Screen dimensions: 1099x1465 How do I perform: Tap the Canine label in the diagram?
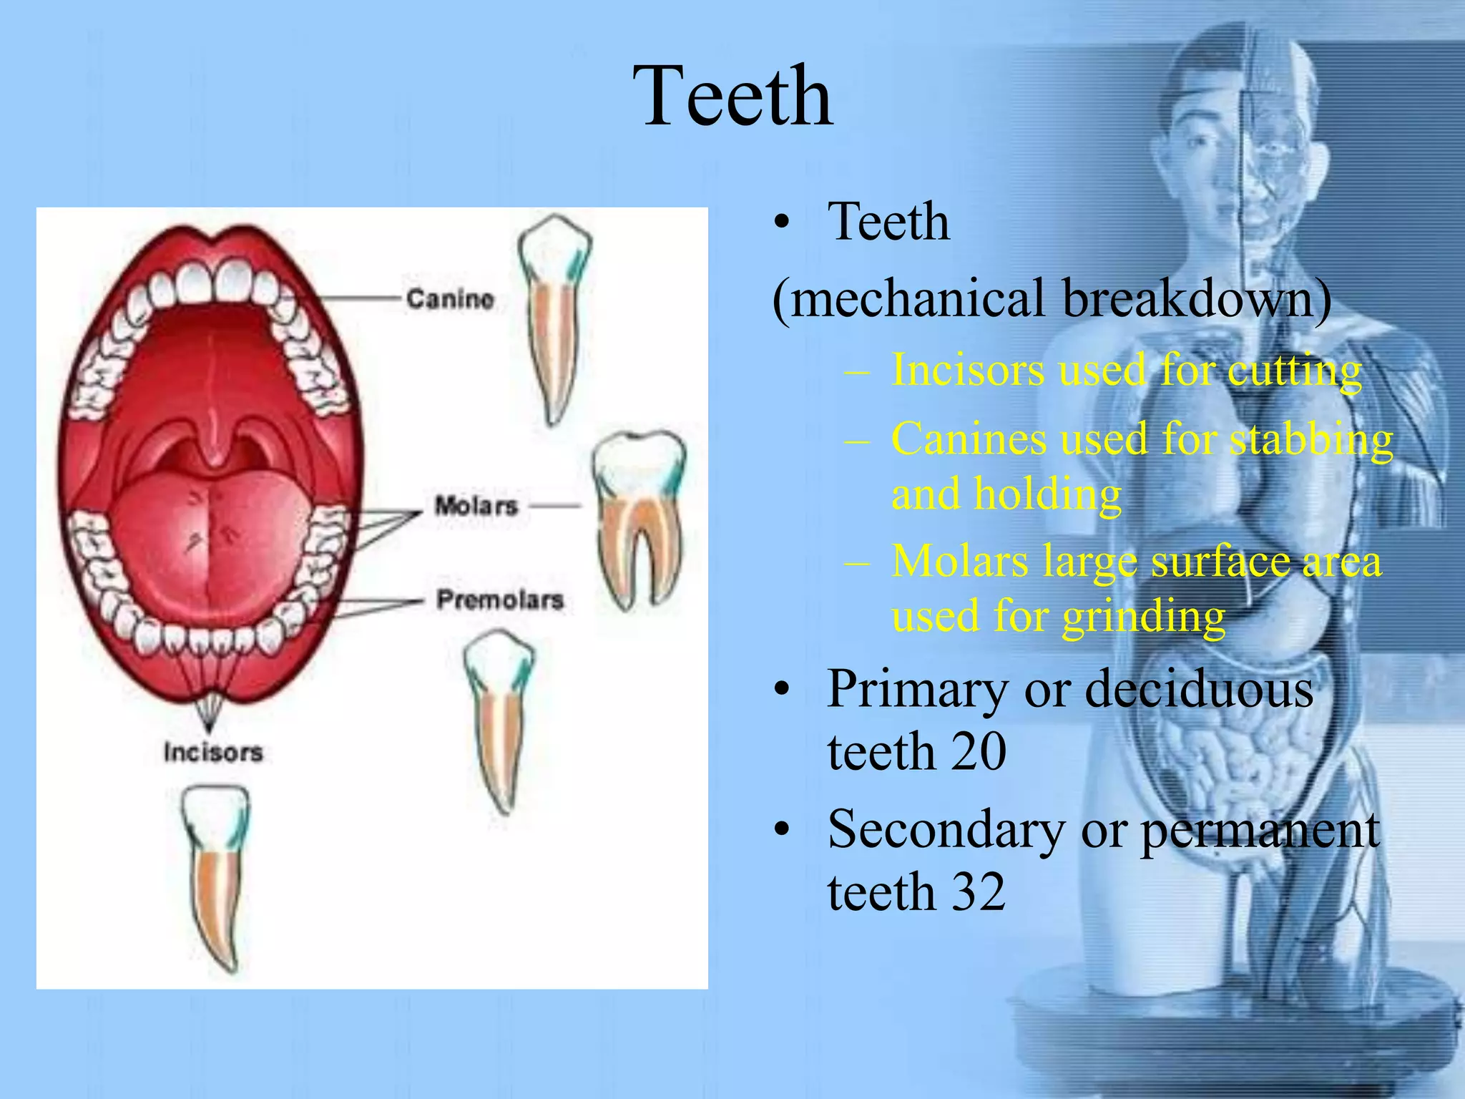pos(450,298)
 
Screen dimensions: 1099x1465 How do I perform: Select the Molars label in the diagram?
pos(476,506)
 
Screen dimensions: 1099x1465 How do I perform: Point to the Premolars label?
pos(500,600)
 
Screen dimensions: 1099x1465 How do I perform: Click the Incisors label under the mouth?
pos(213,752)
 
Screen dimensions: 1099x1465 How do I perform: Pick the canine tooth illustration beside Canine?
pos(554,315)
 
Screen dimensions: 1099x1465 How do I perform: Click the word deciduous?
pos(1199,689)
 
